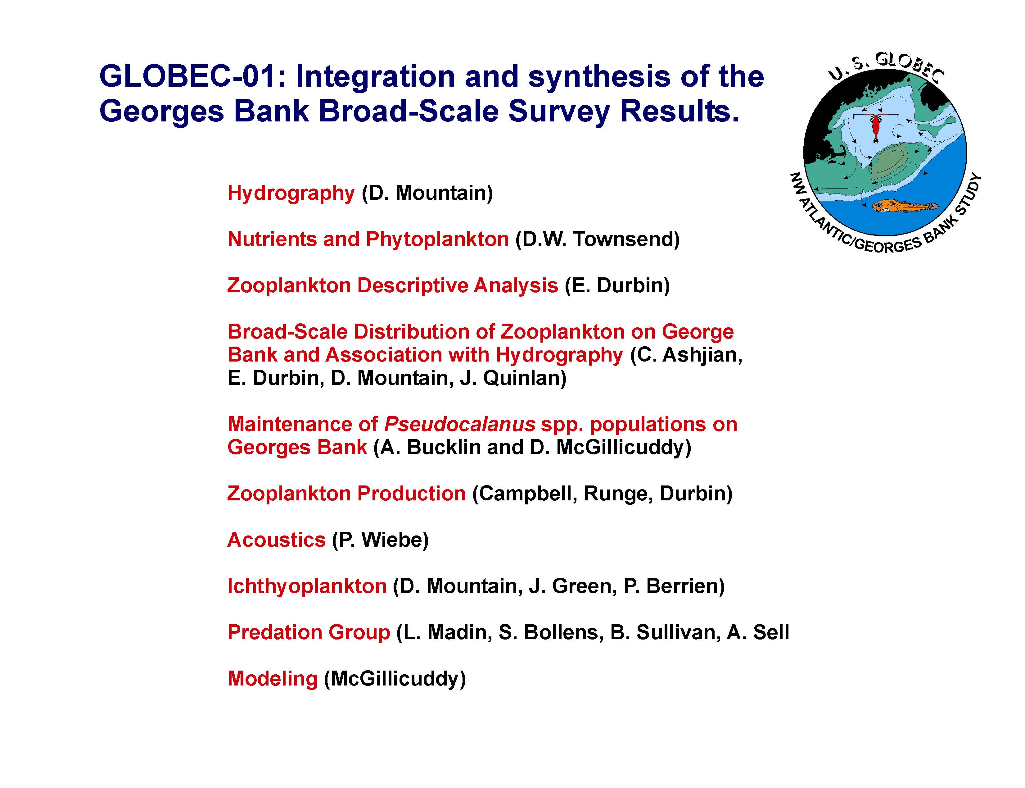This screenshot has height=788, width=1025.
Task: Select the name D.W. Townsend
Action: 597,239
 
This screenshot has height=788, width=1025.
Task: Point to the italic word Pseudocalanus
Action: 459,425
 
